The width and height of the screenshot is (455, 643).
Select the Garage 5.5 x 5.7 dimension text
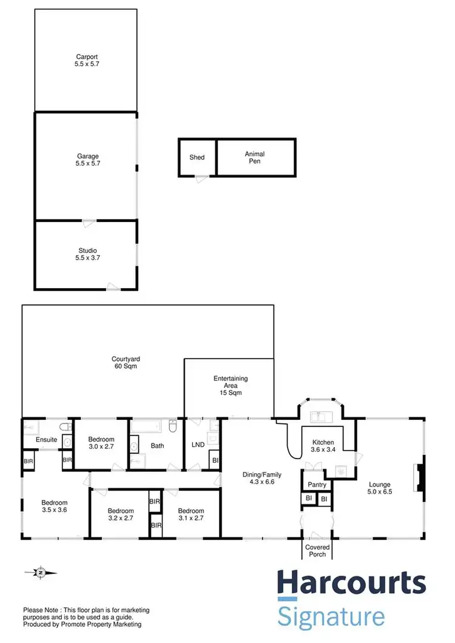(85, 164)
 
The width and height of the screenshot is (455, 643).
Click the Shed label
(197, 158)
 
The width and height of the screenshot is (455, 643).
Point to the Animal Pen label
(255, 158)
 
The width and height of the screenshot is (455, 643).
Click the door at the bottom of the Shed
(199, 177)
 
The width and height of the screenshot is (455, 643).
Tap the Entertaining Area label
(231, 386)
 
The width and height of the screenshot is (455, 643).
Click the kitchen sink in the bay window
(319, 417)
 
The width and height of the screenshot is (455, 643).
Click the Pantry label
(317, 485)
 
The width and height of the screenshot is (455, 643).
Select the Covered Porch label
(317, 551)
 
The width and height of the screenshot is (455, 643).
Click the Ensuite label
(46, 440)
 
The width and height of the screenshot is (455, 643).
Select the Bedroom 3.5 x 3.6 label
(55, 507)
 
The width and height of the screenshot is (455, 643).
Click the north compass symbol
(40, 572)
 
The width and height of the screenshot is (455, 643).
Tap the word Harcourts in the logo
(351, 584)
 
